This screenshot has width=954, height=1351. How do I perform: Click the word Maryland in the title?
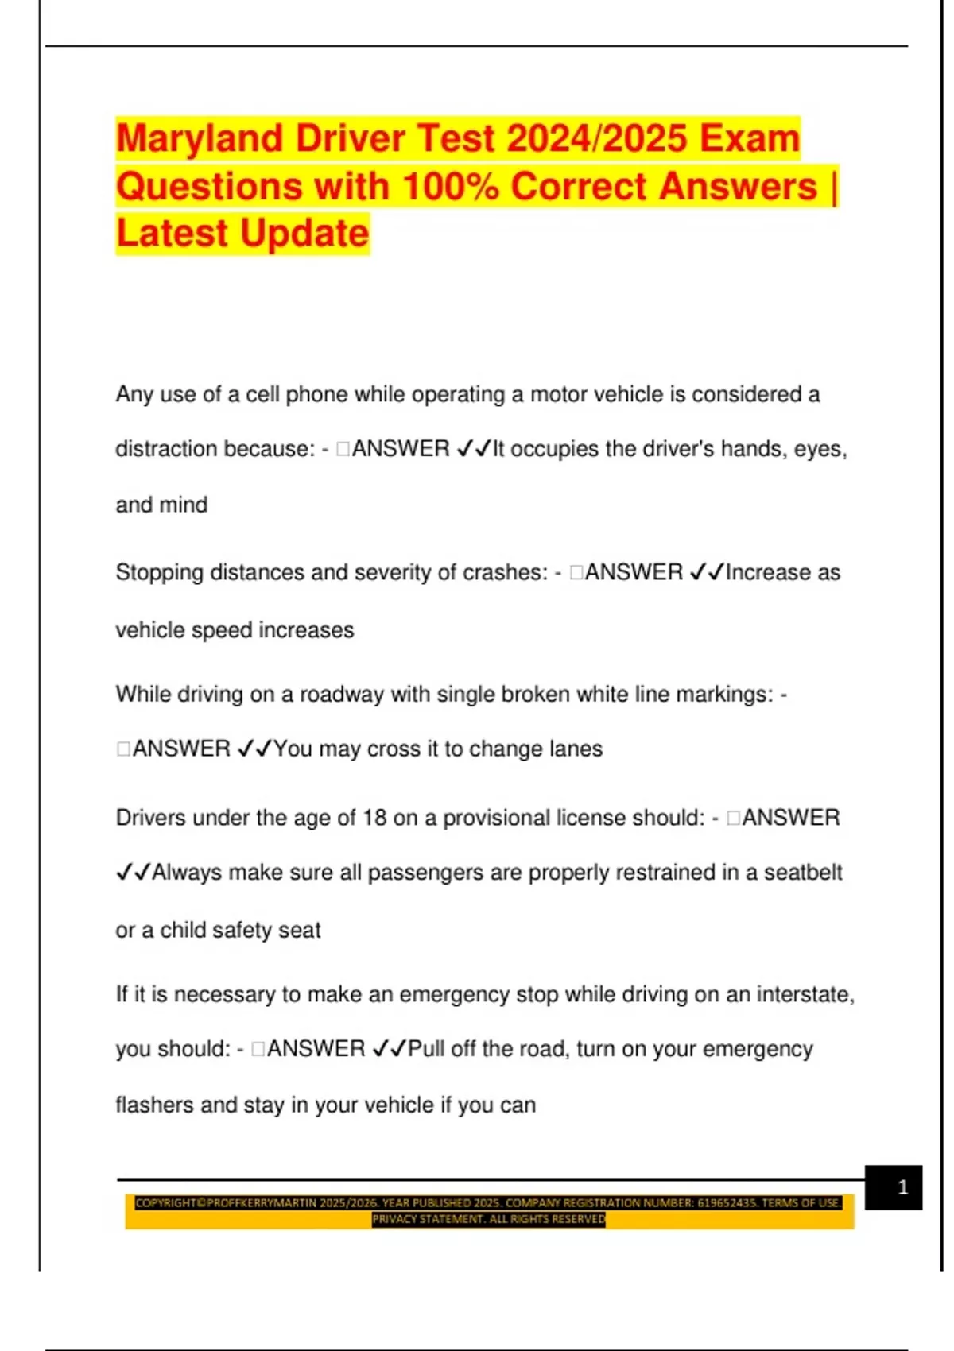(200, 139)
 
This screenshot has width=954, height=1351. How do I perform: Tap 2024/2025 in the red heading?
(596, 139)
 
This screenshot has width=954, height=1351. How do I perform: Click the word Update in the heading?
(304, 234)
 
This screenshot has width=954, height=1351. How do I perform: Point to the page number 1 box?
(894, 1187)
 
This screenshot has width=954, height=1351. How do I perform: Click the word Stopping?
(159, 573)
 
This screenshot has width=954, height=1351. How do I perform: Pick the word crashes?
(507, 573)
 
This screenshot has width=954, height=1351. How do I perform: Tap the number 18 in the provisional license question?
(374, 818)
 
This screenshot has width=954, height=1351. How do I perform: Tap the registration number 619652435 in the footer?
(726, 1203)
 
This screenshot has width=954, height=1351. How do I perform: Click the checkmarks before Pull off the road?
(389, 1049)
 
